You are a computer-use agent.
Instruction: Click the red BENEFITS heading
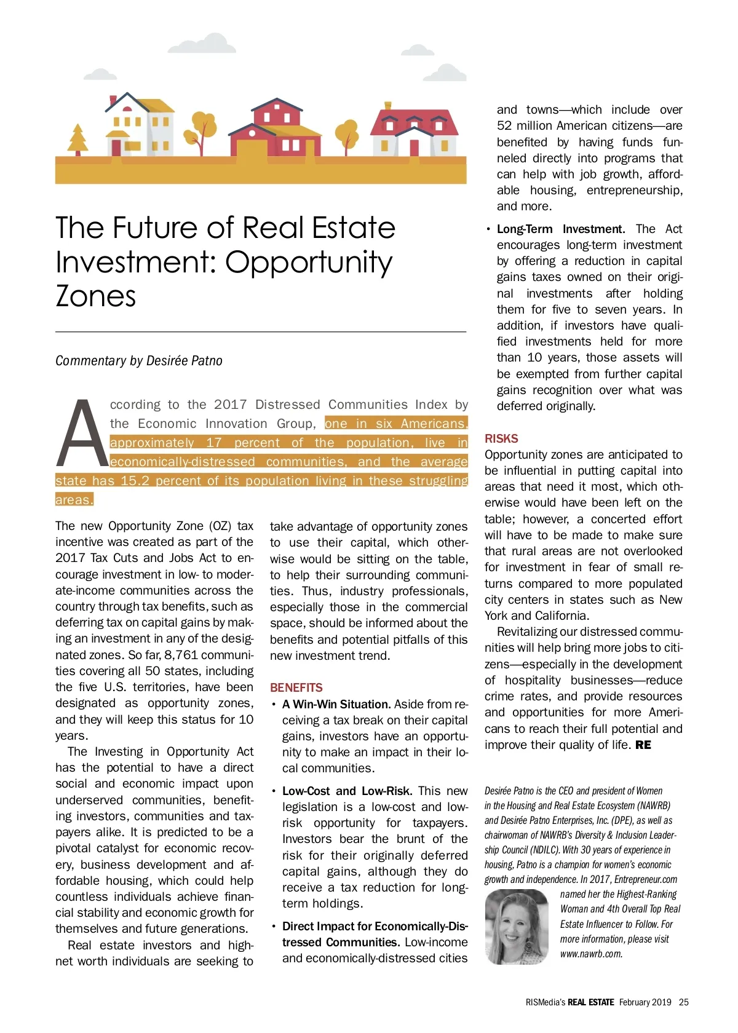[x=296, y=687]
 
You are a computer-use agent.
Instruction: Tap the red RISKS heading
[x=501, y=438]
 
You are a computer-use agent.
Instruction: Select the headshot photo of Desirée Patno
[x=517, y=927]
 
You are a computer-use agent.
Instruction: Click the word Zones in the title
[x=96, y=296]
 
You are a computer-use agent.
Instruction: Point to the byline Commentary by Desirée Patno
[x=139, y=361]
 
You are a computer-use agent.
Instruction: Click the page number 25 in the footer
[x=684, y=1002]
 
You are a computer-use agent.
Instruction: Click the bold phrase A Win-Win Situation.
[x=336, y=704]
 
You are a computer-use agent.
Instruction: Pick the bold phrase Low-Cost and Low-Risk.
[x=347, y=791]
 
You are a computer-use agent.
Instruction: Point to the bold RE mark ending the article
[x=643, y=745]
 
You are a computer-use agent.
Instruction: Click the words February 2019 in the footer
[x=645, y=1002]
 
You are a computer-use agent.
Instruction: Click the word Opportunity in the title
[x=309, y=263]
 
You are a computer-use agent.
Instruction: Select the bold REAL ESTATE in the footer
[x=590, y=1002]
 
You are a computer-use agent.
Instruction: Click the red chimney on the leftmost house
[x=113, y=100]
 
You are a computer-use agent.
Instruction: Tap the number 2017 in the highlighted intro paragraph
[x=231, y=405]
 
